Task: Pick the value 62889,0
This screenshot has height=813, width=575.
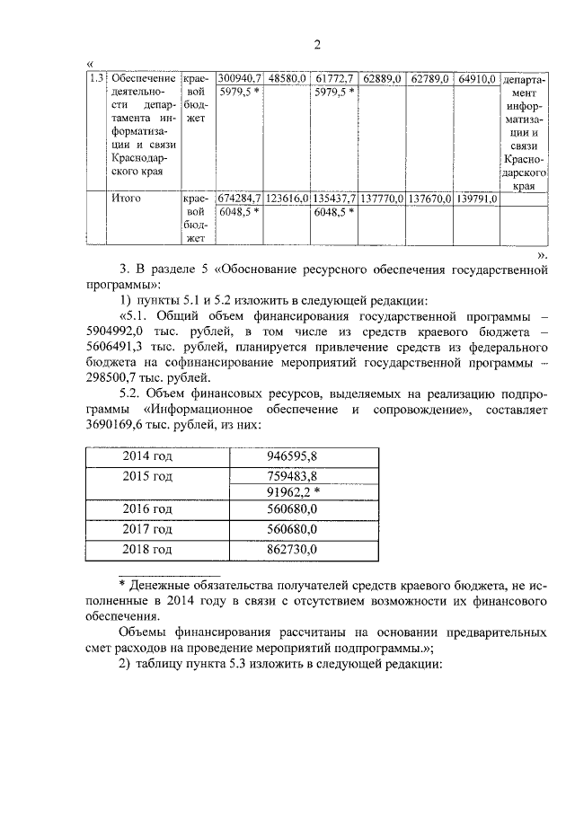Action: point(382,79)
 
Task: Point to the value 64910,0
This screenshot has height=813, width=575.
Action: point(477,79)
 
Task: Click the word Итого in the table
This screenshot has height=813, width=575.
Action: point(129,198)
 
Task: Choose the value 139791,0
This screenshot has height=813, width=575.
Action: point(476,198)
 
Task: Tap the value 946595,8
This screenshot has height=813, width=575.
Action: point(296,456)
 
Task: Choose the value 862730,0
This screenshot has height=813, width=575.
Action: point(296,548)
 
